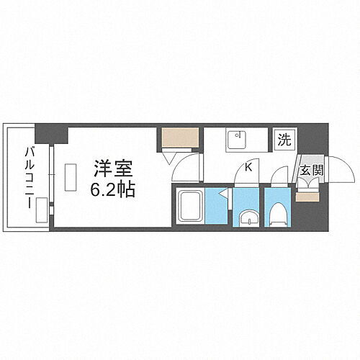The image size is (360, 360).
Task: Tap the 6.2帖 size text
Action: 112,189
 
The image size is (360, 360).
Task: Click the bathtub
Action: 190,207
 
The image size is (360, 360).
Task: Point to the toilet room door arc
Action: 277,176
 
